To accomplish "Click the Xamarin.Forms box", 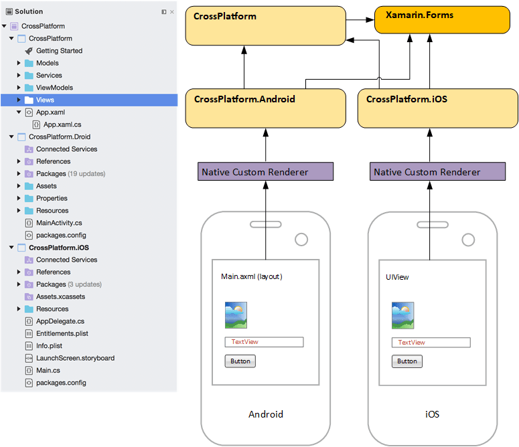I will point(446,20).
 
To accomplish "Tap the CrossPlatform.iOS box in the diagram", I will point(438,107).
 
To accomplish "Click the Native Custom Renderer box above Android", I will point(265,172).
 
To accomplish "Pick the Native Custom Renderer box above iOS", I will point(438,172).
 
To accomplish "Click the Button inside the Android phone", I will point(240,361).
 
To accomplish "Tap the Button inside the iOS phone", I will point(406,361).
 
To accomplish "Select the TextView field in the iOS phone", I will point(431,343).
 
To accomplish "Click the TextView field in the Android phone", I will point(264,342).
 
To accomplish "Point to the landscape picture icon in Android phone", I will point(236,315).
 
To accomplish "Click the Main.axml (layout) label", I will point(251,276).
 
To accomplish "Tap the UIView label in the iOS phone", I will point(397,277).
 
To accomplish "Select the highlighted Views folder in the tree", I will point(46,100).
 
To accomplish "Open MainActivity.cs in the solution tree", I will point(59,223).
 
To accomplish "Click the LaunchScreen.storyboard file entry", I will point(75,358).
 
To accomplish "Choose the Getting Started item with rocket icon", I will point(59,51).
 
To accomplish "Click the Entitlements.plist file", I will point(62,333).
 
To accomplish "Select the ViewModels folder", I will point(54,88).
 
